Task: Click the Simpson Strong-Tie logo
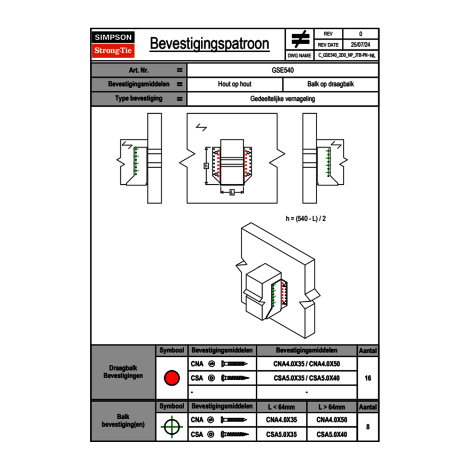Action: click(113, 44)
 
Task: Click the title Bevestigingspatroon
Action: click(209, 44)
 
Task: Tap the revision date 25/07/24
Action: click(361, 45)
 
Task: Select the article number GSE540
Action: click(283, 70)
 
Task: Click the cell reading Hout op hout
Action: click(234, 84)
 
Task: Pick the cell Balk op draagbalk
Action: click(330, 84)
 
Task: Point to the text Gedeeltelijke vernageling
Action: click(283, 99)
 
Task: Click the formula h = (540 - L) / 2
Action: click(306, 218)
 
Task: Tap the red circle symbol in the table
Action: click(171, 378)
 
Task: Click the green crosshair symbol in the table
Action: click(171, 427)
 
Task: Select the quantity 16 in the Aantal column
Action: click(367, 378)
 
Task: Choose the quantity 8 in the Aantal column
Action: click(367, 427)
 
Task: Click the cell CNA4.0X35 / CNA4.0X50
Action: click(307, 364)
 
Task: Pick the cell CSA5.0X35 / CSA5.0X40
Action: click(307, 378)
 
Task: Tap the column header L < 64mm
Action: click(281, 407)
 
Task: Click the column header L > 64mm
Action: click(332, 407)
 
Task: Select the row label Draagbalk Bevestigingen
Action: click(123, 372)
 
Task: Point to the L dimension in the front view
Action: click(231, 192)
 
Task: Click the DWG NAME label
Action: click(300, 55)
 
